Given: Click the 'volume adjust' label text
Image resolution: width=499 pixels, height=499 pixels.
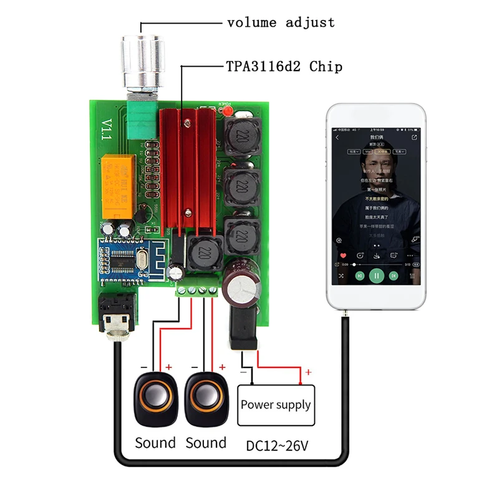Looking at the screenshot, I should click(x=281, y=23).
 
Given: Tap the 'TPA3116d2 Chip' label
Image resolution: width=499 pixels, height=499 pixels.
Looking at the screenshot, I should click(x=284, y=66).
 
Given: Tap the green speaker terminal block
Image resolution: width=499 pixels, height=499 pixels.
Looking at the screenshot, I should click(x=197, y=289).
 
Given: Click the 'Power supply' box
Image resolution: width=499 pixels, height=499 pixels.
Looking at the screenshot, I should click(x=276, y=404).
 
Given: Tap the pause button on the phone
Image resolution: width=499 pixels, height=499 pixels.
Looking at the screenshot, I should click(x=376, y=275).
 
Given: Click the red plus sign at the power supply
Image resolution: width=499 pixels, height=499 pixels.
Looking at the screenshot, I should click(x=308, y=372).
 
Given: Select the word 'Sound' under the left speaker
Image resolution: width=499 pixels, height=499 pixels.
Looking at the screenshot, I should click(x=155, y=443).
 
